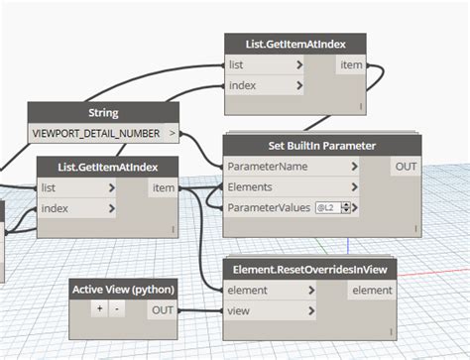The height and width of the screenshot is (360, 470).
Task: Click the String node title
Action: coord(103,112)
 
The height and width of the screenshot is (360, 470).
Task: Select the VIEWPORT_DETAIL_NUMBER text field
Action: coord(97,131)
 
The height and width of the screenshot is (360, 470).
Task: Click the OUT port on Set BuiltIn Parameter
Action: coord(406,166)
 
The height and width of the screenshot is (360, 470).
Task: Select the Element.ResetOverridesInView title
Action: coord(310,269)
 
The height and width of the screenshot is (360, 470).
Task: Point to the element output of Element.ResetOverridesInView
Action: coord(373,291)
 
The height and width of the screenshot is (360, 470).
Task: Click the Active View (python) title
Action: coord(123,289)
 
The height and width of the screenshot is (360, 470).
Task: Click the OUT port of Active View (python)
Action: coord(161,309)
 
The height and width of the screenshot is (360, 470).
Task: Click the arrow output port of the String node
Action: coord(173,131)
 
